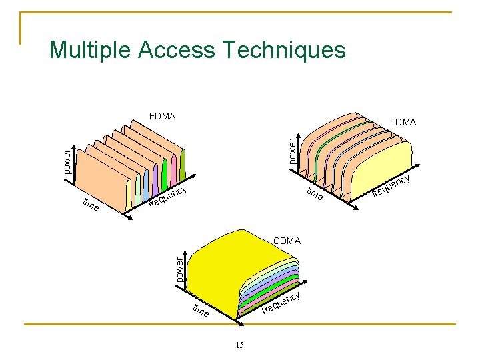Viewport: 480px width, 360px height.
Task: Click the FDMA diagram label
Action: click(163, 117)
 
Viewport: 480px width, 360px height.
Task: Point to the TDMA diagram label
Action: click(403, 122)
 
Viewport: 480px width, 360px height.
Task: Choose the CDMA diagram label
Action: click(287, 240)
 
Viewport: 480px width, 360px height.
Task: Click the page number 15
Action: click(240, 345)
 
